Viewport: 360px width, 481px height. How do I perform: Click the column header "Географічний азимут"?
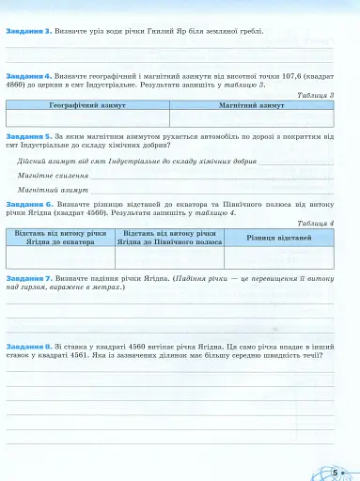click(x=89, y=106)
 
